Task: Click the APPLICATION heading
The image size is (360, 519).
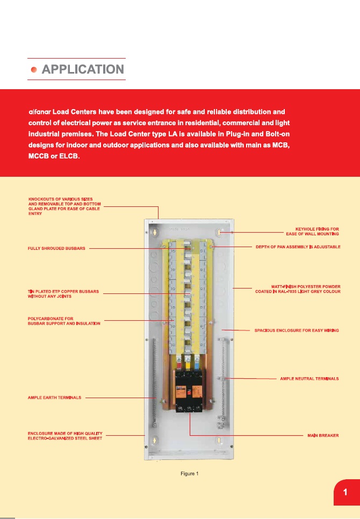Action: tap(83, 69)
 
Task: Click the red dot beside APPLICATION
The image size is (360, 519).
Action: tap(34, 70)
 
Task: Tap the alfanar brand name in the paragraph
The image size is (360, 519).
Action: tap(39, 112)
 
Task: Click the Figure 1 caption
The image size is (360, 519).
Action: tap(190, 473)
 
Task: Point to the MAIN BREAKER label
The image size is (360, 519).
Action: tap(322, 435)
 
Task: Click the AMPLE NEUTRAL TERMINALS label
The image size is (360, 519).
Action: tap(309, 379)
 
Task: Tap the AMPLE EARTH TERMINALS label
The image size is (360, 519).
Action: tap(54, 398)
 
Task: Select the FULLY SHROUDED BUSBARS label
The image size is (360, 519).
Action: tap(56, 249)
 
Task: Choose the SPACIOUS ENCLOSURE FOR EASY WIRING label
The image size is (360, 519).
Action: tap(296, 330)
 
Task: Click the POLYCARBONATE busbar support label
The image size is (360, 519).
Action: tap(64, 321)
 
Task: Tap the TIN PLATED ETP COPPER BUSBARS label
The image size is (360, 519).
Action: tap(64, 294)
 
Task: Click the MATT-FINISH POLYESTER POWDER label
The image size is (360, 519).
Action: tap(298, 289)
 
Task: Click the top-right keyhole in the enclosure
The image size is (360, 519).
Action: tap(220, 233)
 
